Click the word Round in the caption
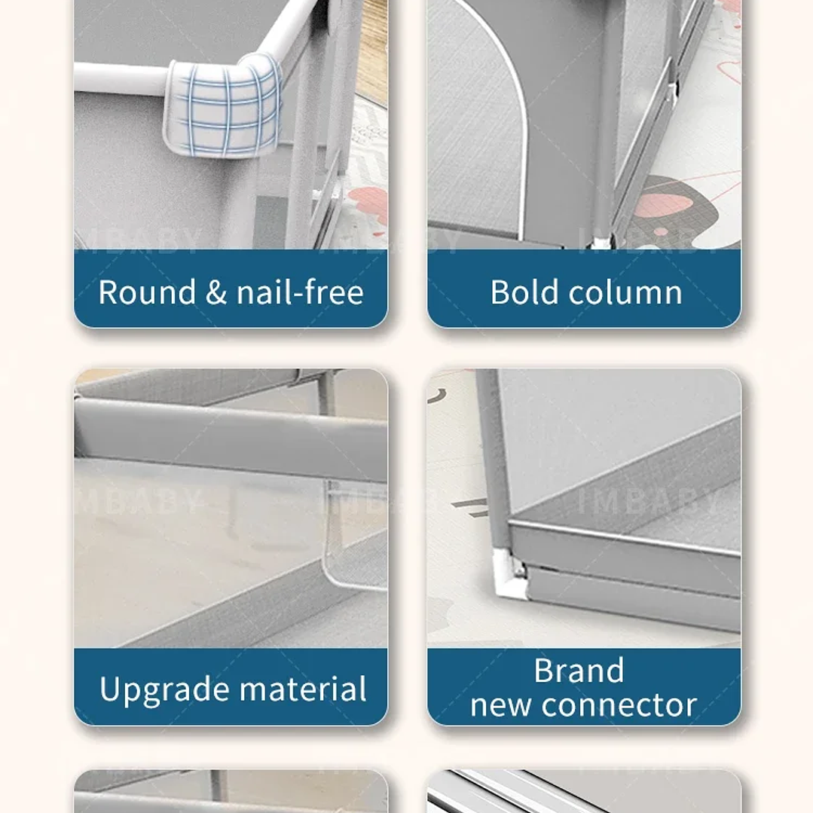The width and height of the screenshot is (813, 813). pyautogui.click(x=147, y=292)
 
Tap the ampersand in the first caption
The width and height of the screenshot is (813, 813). pyautogui.click(x=216, y=292)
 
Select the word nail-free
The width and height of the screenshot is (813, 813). pyautogui.click(x=300, y=292)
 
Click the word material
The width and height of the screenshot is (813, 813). pyautogui.click(x=303, y=689)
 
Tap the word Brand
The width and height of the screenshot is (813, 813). pyautogui.click(x=579, y=671)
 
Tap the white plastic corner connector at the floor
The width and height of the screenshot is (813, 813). pyautogui.click(x=510, y=574)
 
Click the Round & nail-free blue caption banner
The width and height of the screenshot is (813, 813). pyautogui.click(x=231, y=289)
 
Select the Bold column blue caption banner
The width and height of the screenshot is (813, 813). pyautogui.click(x=585, y=289)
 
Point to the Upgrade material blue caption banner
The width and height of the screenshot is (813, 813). pyautogui.click(x=231, y=686)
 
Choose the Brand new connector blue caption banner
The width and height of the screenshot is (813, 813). pyautogui.click(x=585, y=686)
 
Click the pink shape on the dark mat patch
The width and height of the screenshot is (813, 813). pyautogui.click(x=669, y=203)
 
